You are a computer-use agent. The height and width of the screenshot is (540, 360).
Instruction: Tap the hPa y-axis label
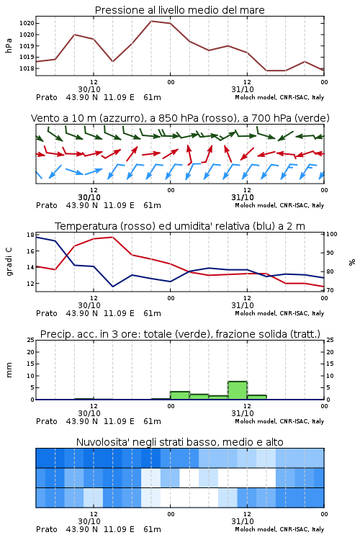(x=9, y=46)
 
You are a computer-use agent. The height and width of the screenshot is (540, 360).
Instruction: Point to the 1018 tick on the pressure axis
(x=27, y=68)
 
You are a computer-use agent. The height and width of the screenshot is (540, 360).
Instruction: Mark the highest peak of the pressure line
(x=151, y=21)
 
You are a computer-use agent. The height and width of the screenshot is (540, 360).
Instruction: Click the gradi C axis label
(x=9, y=261)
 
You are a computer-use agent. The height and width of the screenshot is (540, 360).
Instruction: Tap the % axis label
(x=352, y=262)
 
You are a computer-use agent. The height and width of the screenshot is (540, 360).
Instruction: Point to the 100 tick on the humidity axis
(x=332, y=234)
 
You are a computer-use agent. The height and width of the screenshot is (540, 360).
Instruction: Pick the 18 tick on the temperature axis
(x=30, y=235)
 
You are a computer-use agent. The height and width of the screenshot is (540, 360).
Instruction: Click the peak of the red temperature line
(x=112, y=237)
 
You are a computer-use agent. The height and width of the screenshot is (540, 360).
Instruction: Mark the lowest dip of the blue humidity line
(x=112, y=287)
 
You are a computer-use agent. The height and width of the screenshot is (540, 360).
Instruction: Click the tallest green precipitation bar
(x=238, y=390)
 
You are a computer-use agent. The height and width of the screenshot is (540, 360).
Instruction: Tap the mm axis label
(x=9, y=370)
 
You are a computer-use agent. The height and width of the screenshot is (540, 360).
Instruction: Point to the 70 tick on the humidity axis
(x=330, y=290)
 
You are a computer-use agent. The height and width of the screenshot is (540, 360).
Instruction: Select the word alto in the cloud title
(x=274, y=442)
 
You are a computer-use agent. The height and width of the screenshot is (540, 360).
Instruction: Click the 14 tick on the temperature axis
(x=30, y=267)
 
